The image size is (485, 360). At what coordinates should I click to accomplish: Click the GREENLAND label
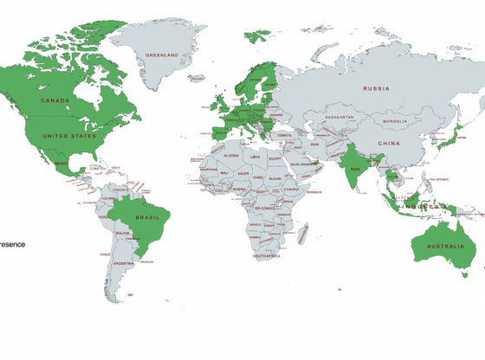click(x=162, y=55)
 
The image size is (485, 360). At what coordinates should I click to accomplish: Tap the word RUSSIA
click(x=376, y=88)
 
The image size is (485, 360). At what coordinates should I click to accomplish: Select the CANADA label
click(x=55, y=100)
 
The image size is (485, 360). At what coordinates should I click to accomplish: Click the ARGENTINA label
click(x=123, y=263)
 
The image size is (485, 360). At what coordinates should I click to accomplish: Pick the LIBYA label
click(x=255, y=157)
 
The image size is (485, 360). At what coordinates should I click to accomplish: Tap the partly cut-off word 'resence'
click(x=12, y=244)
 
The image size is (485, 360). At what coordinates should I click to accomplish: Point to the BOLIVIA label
click(x=122, y=232)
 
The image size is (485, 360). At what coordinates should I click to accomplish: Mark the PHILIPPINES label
click(x=442, y=178)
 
